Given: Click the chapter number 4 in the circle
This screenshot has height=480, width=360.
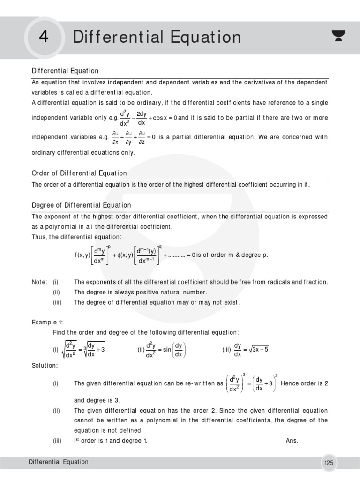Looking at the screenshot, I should click(44, 37).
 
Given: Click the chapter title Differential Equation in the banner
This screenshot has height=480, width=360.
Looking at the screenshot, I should click(157, 37).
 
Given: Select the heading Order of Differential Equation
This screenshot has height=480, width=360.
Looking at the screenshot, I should click(79, 173).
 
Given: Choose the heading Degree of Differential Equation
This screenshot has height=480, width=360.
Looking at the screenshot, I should click(81, 205).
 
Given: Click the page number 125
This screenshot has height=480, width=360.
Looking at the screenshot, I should click(329, 463).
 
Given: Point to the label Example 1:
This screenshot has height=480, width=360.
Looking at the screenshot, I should click(47, 322).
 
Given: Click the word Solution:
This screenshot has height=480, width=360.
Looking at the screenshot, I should click(45, 365).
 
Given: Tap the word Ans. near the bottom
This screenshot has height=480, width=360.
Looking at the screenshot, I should click(292, 441).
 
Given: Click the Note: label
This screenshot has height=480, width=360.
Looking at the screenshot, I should click(39, 282).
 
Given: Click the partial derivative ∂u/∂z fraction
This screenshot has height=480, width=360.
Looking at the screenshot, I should click(141, 137).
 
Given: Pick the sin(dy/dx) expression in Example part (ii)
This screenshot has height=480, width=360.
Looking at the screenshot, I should click(173, 350).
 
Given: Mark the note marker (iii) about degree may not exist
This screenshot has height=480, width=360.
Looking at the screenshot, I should click(57, 302).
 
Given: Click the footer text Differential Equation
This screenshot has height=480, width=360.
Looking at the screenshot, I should click(58, 462).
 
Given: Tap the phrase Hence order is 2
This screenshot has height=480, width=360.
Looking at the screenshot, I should click(304, 383).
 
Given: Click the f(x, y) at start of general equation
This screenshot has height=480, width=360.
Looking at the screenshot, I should click(82, 255).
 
